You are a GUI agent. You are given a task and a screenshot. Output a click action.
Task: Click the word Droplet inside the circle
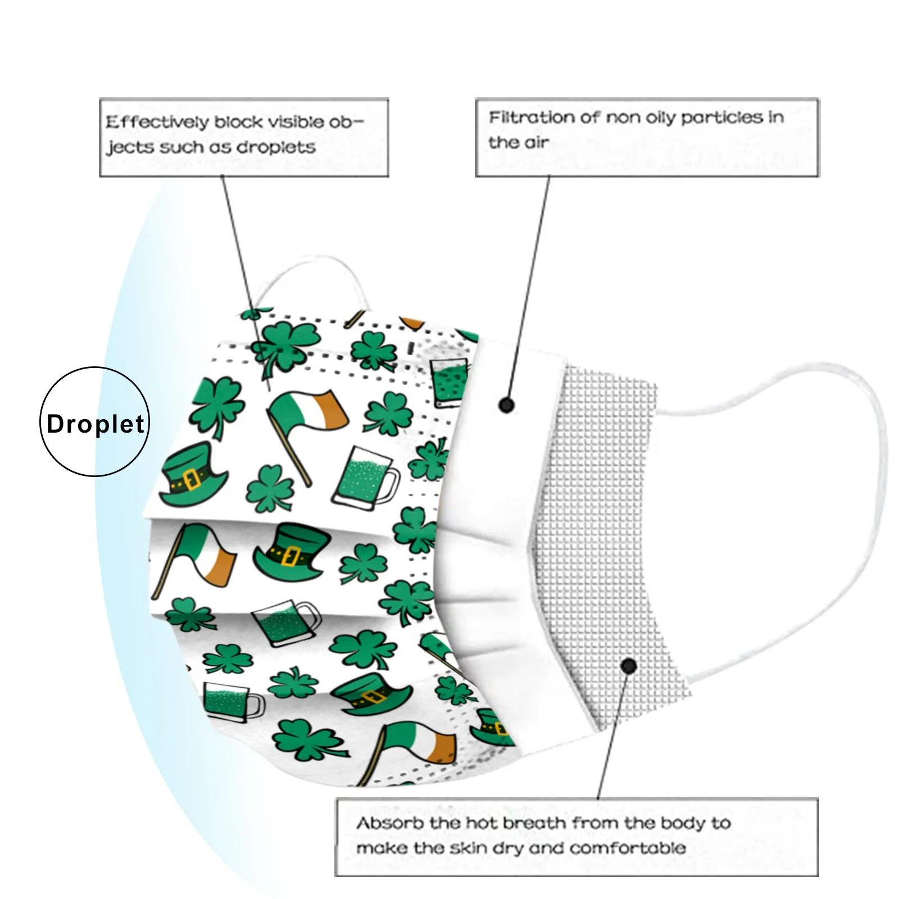coord(96,424)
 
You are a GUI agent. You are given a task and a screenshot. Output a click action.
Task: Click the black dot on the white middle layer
coord(506,405)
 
